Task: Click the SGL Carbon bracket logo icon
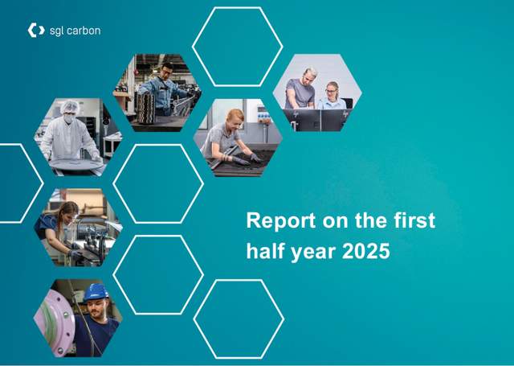[36, 31]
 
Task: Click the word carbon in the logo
[84, 31]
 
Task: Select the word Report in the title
[281, 221]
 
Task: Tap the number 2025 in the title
[366, 252]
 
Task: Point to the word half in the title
[266, 251]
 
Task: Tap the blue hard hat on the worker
[96, 291]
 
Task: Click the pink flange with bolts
[55, 322]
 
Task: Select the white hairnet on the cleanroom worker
[70, 107]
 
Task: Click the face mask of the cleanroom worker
[68, 118]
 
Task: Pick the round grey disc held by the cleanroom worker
[76, 164]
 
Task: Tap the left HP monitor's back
[302, 120]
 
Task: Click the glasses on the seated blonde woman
[331, 91]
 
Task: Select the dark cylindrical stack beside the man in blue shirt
[145, 109]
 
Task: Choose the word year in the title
[314, 253]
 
